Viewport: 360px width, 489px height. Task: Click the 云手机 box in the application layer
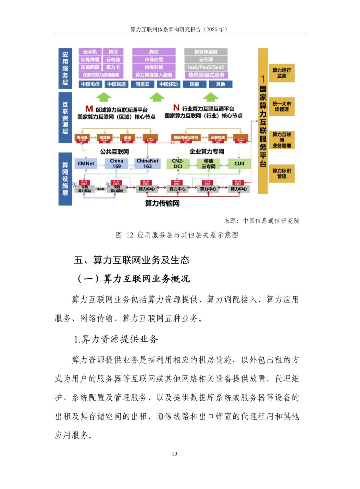click(90, 52)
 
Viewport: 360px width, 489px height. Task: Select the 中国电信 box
click(90, 84)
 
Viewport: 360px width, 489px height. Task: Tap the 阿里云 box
click(142, 84)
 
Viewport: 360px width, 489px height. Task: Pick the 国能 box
click(195, 84)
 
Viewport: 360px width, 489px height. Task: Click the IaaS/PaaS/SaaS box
click(206, 67)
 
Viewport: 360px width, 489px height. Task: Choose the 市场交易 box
click(154, 59)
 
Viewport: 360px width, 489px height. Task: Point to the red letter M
click(89, 109)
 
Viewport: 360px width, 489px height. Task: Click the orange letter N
click(176, 107)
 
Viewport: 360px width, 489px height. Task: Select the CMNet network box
click(86, 163)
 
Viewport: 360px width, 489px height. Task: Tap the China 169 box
click(117, 163)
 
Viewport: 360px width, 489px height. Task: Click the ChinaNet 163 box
click(147, 163)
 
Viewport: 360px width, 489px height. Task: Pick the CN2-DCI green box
click(178, 163)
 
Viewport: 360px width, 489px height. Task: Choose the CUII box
click(239, 163)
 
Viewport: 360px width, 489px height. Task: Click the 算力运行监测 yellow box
click(282, 73)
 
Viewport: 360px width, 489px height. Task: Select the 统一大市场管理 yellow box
click(282, 106)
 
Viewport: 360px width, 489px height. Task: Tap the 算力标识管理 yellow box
click(282, 173)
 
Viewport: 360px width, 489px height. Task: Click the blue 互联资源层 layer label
click(65, 118)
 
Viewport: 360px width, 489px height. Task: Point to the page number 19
click(174, 454)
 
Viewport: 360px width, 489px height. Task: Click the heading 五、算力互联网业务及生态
click(132, 260)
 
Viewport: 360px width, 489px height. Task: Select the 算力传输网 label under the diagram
click(162, 203)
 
